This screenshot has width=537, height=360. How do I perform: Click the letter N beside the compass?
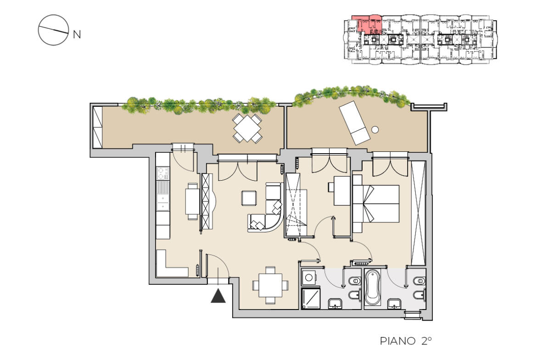pyautogui.click(x=77, y=34)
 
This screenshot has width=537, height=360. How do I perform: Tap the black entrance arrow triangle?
pyautogui.click(x=218, y=296)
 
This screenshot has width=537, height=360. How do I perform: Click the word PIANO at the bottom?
pyautogui.click(x=397, y=341)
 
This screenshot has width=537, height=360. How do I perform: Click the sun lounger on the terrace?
pyautogui.click(x=354, y=122)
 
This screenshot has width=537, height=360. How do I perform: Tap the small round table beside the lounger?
pyautogui.click(x=375, y=130)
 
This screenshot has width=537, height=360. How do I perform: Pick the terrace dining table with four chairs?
pyautogui.click(x=247, y=128)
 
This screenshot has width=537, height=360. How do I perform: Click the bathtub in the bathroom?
pyautogui.click(x=373, y=288)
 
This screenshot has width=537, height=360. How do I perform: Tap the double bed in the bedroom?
pyautogui.click(x=376, y=204)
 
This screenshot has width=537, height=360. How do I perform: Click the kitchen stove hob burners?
pyautogui.click(x=162, y=173)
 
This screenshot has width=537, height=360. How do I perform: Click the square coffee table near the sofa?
pyautogui.click(x=249, y=198)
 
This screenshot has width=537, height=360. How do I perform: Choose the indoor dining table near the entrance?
pyautogui.click(x=270, y=285)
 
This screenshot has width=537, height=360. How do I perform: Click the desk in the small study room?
pyautogui.click(x=342, y=191)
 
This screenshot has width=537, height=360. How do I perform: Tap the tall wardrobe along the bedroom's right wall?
pyautogui.click(x=418, y=213)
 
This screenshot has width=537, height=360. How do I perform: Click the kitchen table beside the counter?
pyautogui.click(x=192, y=201)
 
